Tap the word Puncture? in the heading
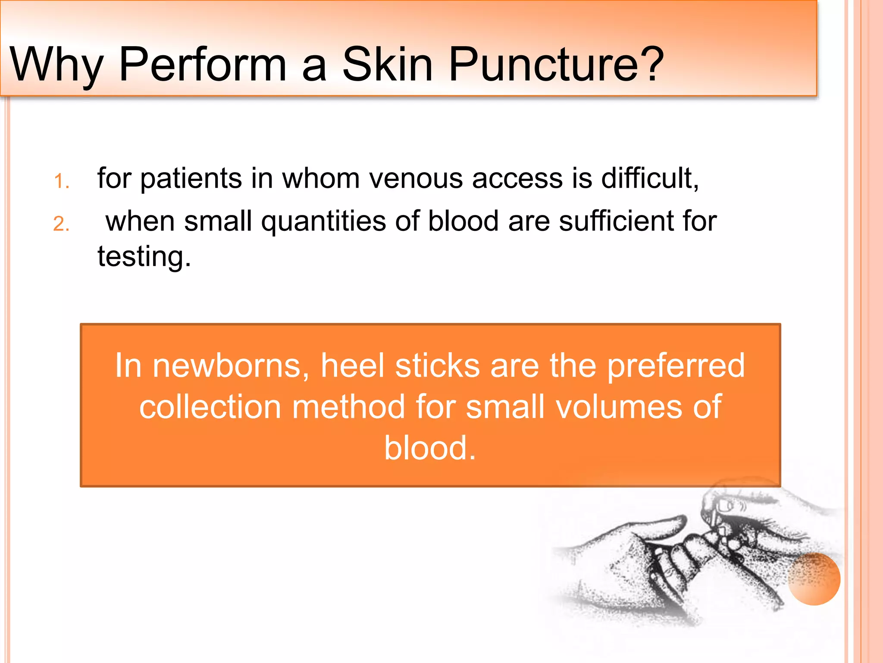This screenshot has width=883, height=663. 556,65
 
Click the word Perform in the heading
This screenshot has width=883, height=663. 203,65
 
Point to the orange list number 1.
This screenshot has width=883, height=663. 61,181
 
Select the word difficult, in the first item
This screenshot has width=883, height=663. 650,178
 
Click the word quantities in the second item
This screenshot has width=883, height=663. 323,222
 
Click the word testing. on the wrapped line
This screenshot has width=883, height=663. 144,257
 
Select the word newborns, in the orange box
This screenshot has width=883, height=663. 231,366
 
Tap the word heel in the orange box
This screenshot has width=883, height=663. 352,365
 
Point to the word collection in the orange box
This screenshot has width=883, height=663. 210,407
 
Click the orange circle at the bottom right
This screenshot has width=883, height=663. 814,579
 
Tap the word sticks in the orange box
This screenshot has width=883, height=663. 437,365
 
